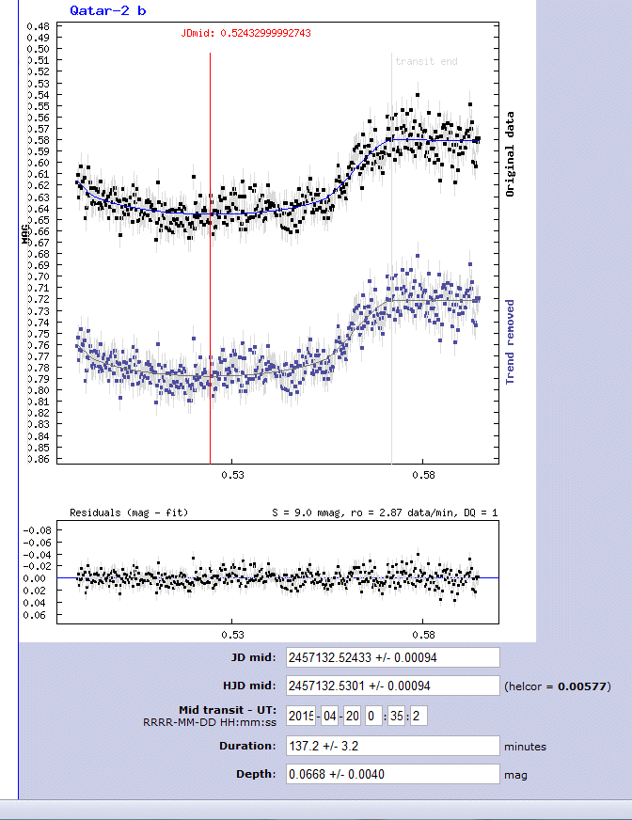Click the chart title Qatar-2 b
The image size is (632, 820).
tap(107, 10)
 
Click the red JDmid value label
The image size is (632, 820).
tap(246, 33)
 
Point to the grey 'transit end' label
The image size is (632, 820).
tap(426, 61)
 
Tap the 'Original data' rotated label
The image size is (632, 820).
tap(511, 153)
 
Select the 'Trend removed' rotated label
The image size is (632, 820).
tap(511, 342)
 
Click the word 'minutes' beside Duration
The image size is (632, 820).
tap(525, 747)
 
